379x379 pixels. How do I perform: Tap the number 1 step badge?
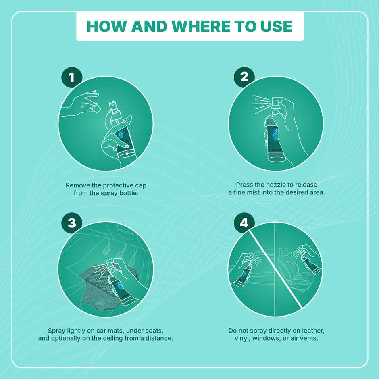click(72, 77)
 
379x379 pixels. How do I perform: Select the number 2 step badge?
click(244, 77)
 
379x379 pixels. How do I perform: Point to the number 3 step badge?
click(72, 223)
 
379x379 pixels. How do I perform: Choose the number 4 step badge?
click(244, 223)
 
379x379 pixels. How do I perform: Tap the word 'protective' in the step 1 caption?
click(114, 185)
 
